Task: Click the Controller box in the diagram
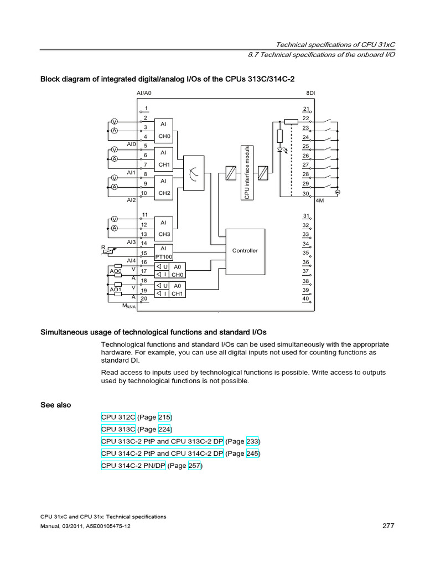pos(245,251)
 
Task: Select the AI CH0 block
pos(163,130)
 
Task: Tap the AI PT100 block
pos(163,252)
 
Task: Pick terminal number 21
pos(305,109)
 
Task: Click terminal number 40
pos(305,299)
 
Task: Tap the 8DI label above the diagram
pos(310,94)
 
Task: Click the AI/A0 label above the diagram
pos(144,94)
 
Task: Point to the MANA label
pos(129,305)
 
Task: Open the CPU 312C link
pos(118,417)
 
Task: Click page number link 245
pos(253,453)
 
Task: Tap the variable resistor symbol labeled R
pos(108,251)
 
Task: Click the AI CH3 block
pos(163,228)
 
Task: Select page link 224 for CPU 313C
pos(165,429)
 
